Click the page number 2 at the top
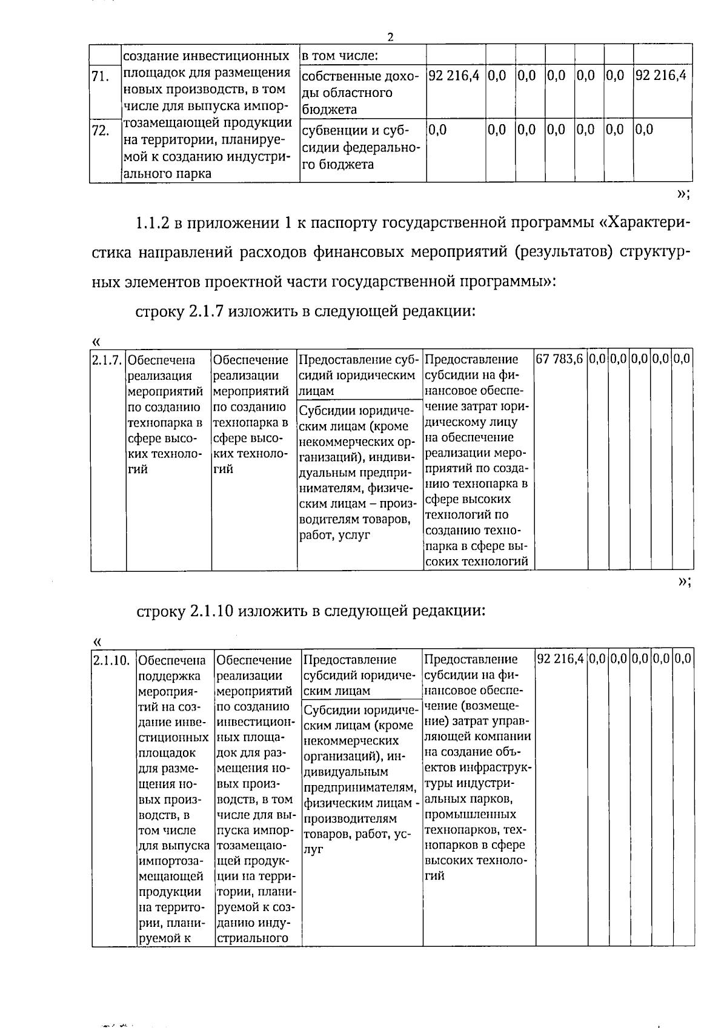[390, 37]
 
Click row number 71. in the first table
[100, 76]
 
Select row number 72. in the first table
[100, 130]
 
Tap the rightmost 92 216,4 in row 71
[661, 76]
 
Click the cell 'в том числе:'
[340, 56]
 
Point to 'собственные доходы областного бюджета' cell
[360, 93]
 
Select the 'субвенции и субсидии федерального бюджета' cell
[360, 148]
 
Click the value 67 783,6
[560, 359]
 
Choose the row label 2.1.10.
[112, 660]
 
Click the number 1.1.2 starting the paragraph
[151, 223]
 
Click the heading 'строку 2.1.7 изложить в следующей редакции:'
[304, 311]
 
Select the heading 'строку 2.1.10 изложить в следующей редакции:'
[311, 610]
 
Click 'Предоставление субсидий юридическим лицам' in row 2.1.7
[360, 375]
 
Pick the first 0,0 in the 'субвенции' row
[437, 130]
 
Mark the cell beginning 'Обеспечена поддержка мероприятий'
[174, 800]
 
